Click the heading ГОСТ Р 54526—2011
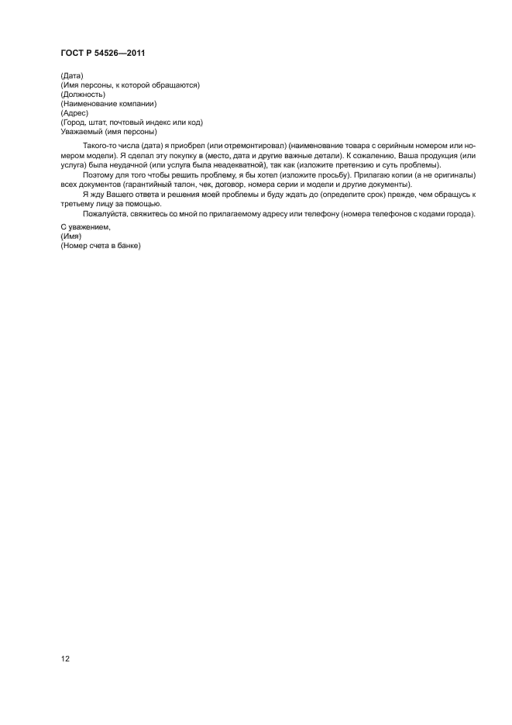tap(104, 53)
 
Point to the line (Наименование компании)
tap(108, 103)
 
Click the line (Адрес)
tap(74, 112)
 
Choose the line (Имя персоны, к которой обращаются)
tap(129, 85)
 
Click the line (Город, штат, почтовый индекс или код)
tap(131, 122)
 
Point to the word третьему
tap(77, 203)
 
